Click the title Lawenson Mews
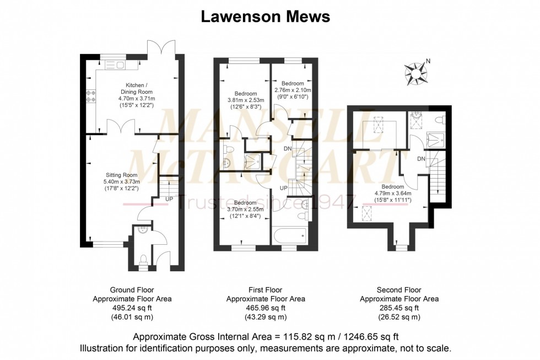(x=265, y=17)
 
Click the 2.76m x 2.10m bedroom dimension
(x=293, y=90)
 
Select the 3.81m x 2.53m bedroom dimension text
(x=246, y=100)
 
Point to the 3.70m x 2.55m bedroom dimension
(x=245, y=208)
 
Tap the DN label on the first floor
(x=288, y=149)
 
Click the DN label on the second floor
(x=421, y=159)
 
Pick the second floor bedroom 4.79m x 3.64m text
(x=392, y=193)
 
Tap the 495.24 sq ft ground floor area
(x=132, y=308)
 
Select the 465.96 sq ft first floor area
(x=266, y=308)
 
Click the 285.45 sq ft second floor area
(x=399, y=308)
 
